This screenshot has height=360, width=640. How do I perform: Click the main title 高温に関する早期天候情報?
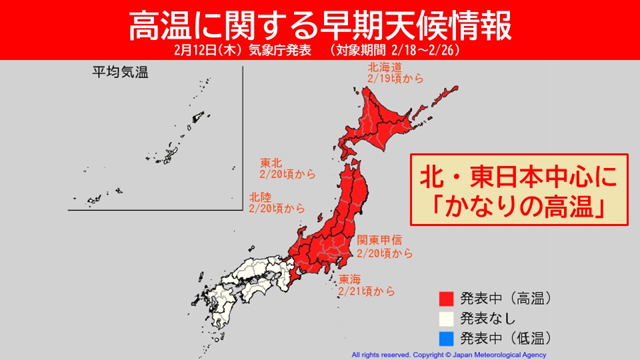[320, 25]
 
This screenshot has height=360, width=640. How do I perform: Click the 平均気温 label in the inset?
[120, 73]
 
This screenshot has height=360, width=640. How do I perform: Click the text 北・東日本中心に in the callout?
[519, 177]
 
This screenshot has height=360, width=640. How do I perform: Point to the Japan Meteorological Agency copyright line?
[449, 355]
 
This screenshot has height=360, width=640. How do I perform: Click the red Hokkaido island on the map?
[387, 120]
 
